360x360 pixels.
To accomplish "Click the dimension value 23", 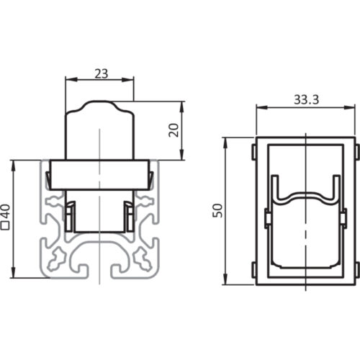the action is click(x=102, y=73).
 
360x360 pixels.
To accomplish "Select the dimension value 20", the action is click(x=174, y=130).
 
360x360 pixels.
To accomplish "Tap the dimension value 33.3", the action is click(x=307, y=99).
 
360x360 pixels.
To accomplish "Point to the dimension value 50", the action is click(x=218, y=210).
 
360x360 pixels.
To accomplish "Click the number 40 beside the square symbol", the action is click(x=6, y=211).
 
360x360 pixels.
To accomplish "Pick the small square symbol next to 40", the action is click(x=6, y=226).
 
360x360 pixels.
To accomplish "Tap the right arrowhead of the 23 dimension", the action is click(x=128, y=80).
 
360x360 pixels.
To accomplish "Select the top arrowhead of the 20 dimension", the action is click(x=182, y=107).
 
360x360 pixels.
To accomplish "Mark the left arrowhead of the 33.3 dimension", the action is click(x=262, y=107).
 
